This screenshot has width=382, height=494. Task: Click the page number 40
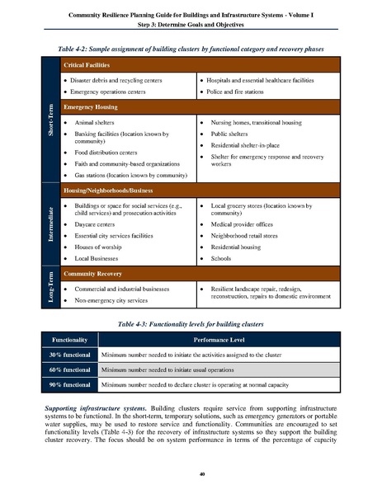[x=191, y=473]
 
